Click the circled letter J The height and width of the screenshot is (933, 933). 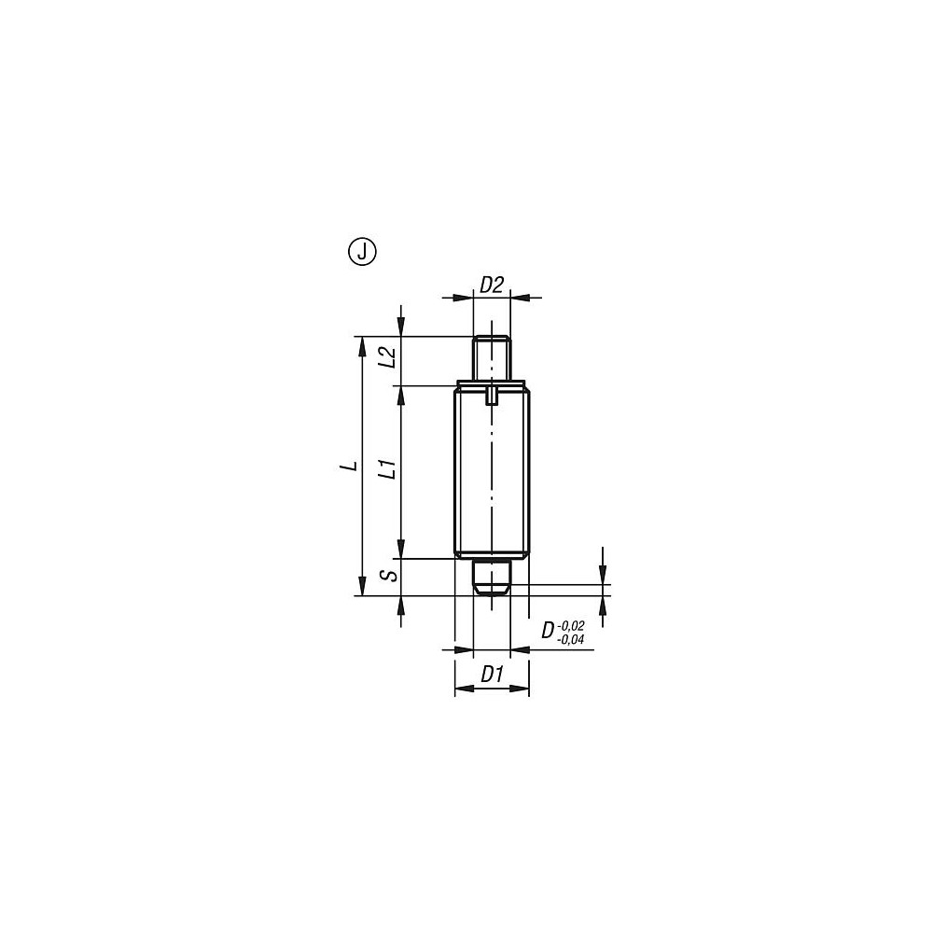[x=361, y=251]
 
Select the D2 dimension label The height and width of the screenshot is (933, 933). [x=492, y=285]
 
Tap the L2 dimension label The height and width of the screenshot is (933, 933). [x=390, y=359]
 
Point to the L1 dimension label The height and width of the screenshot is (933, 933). [x=390, y=469]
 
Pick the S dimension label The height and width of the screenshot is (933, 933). [x=392, y=575]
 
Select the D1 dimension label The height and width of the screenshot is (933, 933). [x=492, y=674]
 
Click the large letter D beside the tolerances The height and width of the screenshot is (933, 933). [x=549, y=632]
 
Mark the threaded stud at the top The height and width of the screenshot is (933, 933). [x=492, y=358]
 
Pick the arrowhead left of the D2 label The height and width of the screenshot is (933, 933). [x=467, y=298]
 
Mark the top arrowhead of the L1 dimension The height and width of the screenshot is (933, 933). [x=400, y=393]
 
